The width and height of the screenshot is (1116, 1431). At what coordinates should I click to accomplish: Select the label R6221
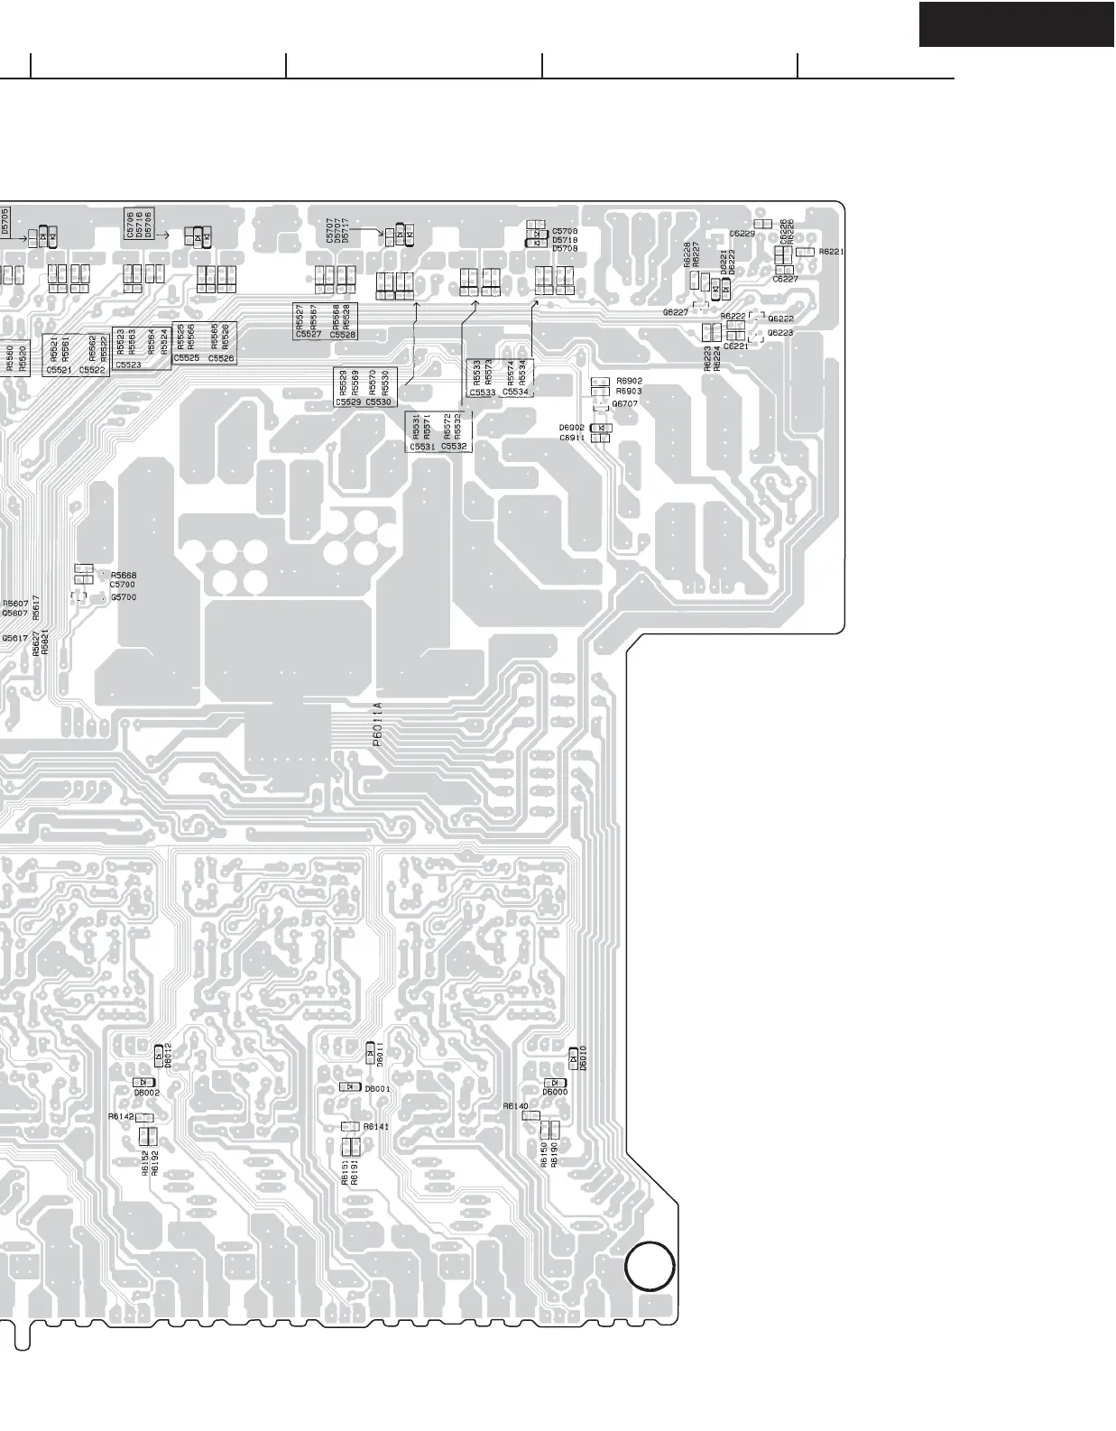click(831, 252)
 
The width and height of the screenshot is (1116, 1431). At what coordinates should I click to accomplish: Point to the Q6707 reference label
click(624, 403)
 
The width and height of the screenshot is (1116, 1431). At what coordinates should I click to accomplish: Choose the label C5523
click(128, 365)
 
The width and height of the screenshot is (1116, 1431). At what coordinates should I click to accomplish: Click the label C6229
click(742, 234)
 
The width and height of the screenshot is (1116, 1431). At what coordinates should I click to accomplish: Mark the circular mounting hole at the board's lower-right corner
click(650, 1266)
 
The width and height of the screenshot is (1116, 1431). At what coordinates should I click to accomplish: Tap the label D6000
click(555, 1093)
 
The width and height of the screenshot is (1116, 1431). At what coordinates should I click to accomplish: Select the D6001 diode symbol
click(351, 1087)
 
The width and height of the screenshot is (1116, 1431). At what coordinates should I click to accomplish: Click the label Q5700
click(124, 597)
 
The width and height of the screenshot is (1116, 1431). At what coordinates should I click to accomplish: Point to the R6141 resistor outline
click(351, 1127)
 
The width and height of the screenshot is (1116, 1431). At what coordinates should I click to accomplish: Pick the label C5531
click(422, 447)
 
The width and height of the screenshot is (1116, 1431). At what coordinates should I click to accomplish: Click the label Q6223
click(780, 333)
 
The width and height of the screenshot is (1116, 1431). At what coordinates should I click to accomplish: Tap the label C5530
click(378, 402)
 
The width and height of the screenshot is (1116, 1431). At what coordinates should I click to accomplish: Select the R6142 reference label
click(121, 1116)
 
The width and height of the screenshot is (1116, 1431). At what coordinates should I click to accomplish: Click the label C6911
click(572, 438)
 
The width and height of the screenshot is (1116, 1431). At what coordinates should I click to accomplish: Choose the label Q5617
click(14, 638)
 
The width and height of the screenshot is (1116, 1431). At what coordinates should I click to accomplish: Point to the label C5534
click(515, 392)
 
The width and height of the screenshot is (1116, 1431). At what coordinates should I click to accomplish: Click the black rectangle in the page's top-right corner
click(1017, 24)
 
